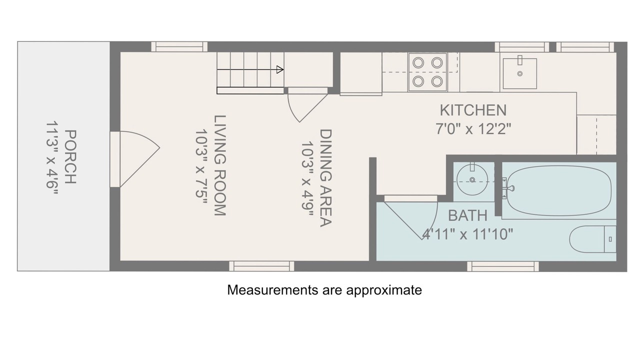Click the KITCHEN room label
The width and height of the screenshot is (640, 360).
coord(473,110)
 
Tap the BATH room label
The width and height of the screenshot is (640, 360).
coord(467,215)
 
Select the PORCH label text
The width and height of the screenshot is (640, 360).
coord(70,157)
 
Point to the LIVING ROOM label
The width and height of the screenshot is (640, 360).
coord(220,165)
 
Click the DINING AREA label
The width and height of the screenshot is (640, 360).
coord(325,178)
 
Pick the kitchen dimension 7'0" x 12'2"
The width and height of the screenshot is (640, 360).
coord(473,129)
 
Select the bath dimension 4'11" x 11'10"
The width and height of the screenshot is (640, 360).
coord(467,234)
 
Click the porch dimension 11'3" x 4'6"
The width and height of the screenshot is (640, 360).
coord(52,158)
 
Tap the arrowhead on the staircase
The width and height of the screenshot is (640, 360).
coord(280,69)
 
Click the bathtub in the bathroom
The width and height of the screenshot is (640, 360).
coord(559,190)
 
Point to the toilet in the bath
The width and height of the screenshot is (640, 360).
coord(593,239)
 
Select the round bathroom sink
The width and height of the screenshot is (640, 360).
coord(472,180)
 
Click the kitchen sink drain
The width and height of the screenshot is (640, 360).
coord(520,73)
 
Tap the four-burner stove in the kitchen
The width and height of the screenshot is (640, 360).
coord(427,72)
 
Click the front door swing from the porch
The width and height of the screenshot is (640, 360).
coord(139,159)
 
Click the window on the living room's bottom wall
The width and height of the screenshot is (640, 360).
coord(261,266)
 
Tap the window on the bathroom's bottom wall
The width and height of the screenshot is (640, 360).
coord(503,266)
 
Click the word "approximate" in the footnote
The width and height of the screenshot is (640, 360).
coord(384,290)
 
